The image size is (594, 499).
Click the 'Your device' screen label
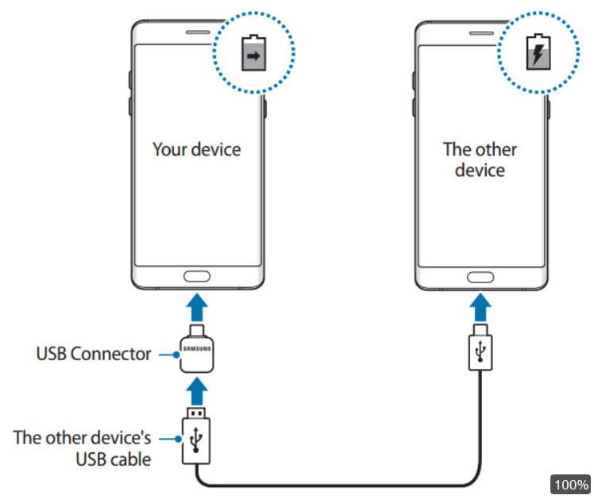[196, 149]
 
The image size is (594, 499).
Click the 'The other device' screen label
[480, 159]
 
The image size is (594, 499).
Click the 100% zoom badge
[570, 484]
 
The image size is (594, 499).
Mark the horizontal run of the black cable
[341, 483]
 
